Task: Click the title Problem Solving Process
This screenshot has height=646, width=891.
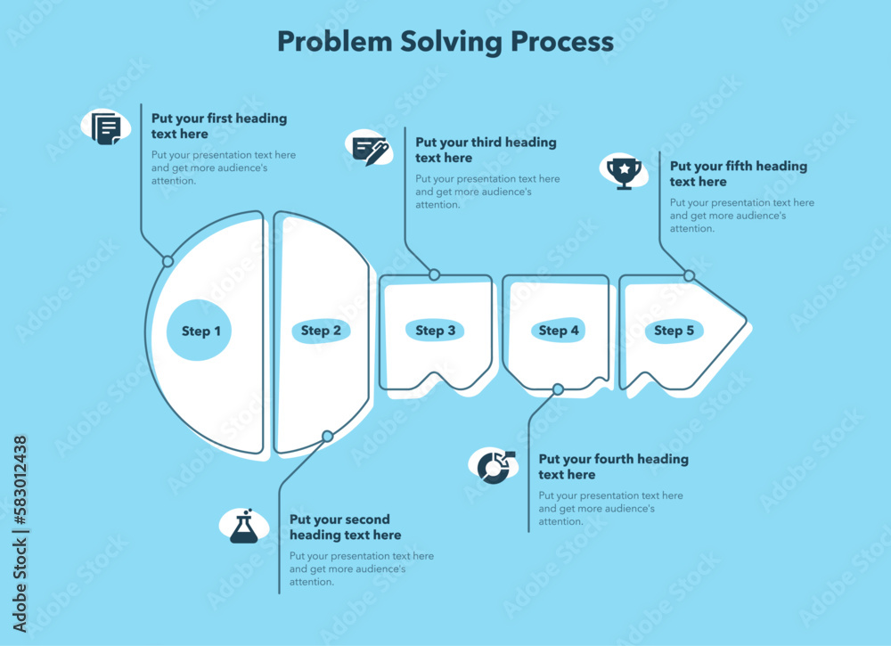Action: pos(445,42)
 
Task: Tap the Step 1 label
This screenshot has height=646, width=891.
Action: pos(201,331)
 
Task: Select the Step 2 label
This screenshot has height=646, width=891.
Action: pos(321,331)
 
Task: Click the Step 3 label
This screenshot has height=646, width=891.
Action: pos(436,331)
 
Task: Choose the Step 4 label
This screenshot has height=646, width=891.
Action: pos(559,331)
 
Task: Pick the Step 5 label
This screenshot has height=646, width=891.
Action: pos(674,331)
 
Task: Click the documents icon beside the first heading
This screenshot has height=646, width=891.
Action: pos(106,128)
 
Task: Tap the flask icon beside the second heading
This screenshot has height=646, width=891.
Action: pos(244,527)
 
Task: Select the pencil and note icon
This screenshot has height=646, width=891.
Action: pos(370,149)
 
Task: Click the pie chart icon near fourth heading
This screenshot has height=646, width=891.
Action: pos(494,465)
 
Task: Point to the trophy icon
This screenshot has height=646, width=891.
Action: pos(624,171)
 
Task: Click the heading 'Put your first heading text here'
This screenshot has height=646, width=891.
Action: pos(219,127)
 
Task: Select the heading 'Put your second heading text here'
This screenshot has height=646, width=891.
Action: pos(345,527)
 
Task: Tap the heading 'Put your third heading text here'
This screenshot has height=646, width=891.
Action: pos(486,150)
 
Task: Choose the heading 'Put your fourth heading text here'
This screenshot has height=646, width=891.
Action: pos(613,467)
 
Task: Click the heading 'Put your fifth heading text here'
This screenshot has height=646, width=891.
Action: pos(738,174)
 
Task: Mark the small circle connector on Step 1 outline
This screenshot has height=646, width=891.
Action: pos(168,261)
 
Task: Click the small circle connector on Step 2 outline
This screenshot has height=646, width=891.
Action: pos(328,436)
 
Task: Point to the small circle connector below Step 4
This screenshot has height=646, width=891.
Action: pos(558,389)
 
